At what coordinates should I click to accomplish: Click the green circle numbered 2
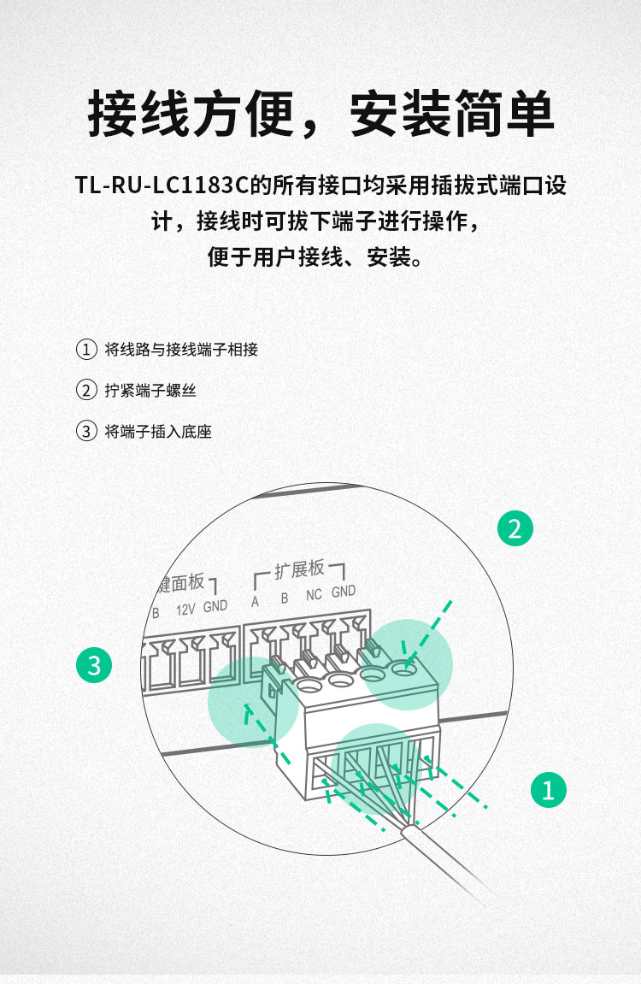click(x=515, y=528)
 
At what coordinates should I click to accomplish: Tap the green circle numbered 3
click(x=94, y=665)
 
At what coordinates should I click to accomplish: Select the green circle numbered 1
click(x=548, y=789)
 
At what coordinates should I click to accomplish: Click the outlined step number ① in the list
click(x=86, y=350)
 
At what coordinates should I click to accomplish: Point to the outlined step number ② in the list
click(x=86, y=391)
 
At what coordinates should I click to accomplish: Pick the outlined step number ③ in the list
click(x=86, y=431)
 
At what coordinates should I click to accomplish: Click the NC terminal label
click(x=314, y=595)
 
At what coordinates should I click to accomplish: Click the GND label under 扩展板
click(x=344, y=592)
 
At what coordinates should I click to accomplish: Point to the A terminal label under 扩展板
click(x=255, y=602)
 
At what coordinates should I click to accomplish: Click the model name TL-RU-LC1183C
click(x=162, y=186)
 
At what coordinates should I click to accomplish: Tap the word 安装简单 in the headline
click(x=451, y=114)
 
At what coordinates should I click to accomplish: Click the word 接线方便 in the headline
click(x=191, y=114)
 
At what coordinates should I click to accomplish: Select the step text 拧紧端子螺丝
click(x=150, y=391)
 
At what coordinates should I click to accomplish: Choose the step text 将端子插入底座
click(x=158, y=432)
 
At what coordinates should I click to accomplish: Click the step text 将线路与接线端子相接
click(x=181, y=350)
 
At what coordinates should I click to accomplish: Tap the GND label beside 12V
click(x=215, y=606)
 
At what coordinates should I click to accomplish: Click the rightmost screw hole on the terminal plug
click(x=404, y=669)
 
